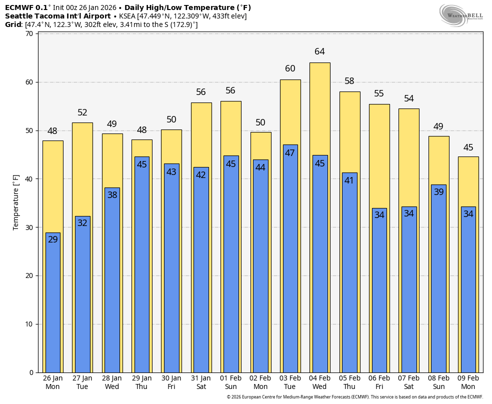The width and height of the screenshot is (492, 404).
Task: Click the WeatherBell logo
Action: (x=461, y=15)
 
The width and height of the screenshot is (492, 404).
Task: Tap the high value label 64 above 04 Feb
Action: (x=319, y=51)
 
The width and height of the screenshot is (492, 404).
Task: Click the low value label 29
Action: (x=52, y=239)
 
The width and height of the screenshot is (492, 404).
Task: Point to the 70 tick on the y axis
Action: (x=29, y=34)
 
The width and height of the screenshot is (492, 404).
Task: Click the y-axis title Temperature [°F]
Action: (x=16, y=202)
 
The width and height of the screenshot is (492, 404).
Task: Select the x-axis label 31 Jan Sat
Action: (x=201, y=382)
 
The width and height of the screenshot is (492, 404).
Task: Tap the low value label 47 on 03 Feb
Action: (x=290, y=153)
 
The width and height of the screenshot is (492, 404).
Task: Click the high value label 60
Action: (x=290, y=68)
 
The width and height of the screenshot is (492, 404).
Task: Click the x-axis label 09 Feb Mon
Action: (x=468, y=382)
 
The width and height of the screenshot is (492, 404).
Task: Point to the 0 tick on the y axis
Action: (x=31, y=372)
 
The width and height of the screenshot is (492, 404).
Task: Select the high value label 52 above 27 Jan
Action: (x=82, y=112)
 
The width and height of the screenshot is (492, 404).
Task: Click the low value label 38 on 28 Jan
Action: (x=112, y=195)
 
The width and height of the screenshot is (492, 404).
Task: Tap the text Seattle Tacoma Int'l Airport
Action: (x=57, y=16)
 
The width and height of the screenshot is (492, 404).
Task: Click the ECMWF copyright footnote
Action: (x=354, y=397)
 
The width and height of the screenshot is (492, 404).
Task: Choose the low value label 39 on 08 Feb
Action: (x=438, y=192)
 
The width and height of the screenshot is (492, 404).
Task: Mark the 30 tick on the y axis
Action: (x=29, y=227)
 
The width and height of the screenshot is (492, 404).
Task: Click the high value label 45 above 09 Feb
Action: (x=468, y=147)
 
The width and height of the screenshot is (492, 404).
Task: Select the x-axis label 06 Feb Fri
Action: (x=379, y=382)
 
